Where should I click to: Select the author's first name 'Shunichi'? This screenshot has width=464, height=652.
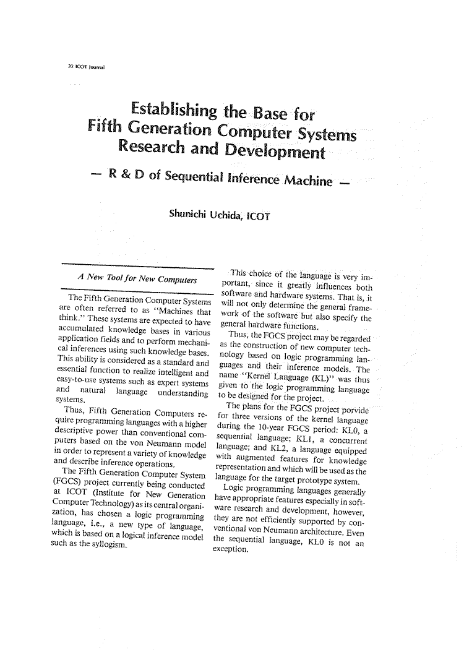188,215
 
